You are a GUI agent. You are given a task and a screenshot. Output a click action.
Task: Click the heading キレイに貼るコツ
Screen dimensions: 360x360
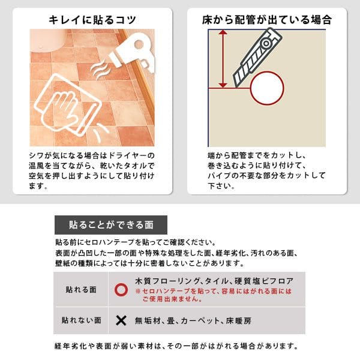click(x=92, y=20)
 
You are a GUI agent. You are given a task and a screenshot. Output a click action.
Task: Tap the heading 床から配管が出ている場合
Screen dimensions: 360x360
click(x=267, y=20)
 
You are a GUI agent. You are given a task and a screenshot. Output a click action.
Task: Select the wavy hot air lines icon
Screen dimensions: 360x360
click(x=100, y=70)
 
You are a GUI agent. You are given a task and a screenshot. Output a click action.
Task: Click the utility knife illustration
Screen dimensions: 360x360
click(x=257, y=58)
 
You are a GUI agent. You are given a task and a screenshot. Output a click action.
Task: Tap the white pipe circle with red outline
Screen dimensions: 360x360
click(x=267, y=88)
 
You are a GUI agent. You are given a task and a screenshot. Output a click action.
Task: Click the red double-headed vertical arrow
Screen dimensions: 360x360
click(x=223, y=59)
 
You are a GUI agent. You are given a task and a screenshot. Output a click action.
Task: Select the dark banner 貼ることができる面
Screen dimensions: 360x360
click(x=111, y=225)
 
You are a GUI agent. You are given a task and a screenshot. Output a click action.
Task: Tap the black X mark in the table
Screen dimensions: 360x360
click(x=121, y=320)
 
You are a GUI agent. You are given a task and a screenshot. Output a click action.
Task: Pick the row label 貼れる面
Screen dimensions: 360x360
click(x=81, y=290)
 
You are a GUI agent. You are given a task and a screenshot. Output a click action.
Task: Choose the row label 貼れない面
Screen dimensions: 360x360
click(x=81, y=320)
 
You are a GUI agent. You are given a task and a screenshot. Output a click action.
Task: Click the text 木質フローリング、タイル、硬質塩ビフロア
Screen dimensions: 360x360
click(x=214, y=281)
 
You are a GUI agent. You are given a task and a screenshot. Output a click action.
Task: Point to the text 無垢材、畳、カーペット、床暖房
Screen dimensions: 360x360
click(x=193, y=320)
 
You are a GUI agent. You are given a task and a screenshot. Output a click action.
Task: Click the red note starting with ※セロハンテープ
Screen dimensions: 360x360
click(x=213, y=295)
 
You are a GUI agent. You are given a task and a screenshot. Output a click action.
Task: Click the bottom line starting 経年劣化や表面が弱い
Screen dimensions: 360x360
click(x=176, y=346)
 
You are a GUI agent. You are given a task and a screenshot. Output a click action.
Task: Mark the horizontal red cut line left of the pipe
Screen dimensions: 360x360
click(x=229, y=88)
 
